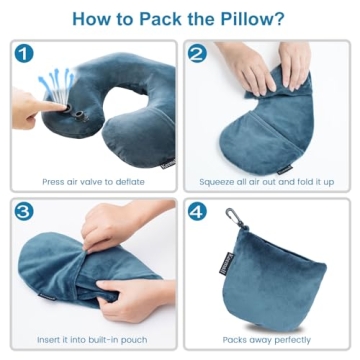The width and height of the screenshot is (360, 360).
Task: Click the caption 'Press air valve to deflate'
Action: click(93, 182)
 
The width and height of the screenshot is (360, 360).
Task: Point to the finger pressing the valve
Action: click(35, 108)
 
